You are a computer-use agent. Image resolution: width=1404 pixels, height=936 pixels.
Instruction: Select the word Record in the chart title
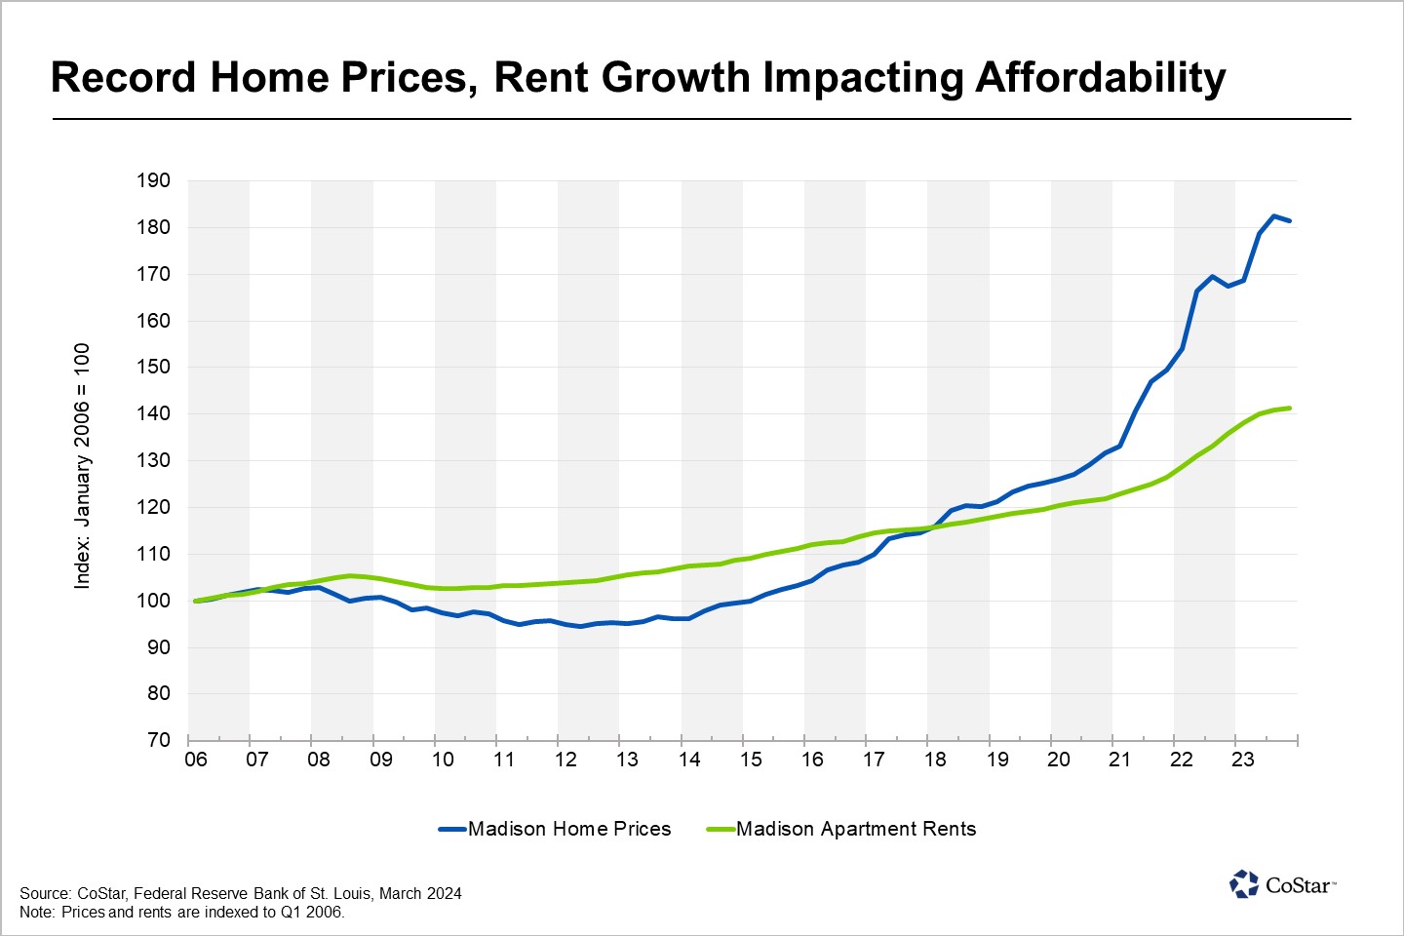point(124,78)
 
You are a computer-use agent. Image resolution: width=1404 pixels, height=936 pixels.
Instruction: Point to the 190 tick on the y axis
point(153,180)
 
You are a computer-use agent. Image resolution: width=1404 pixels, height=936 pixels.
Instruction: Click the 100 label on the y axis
point(153,601)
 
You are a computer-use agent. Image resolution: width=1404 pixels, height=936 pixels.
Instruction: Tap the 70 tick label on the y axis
point(159,740)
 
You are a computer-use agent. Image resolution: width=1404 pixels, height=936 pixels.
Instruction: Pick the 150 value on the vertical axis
point(153,368)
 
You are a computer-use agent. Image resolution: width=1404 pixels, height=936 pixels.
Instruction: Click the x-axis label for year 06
point(196,760)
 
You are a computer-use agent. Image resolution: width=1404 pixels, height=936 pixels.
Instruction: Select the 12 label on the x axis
point(565,760)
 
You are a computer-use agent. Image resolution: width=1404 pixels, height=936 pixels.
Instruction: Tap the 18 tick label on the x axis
point(935,760)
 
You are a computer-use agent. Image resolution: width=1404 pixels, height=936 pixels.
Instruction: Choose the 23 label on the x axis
point(1243,760)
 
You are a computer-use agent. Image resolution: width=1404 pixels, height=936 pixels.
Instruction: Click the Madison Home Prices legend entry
point(569,829)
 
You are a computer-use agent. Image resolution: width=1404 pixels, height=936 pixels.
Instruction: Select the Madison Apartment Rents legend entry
point(856,829)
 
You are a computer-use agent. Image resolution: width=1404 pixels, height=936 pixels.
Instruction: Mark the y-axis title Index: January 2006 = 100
point(82,465)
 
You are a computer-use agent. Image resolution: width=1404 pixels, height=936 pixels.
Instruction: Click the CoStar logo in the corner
point(1282,884)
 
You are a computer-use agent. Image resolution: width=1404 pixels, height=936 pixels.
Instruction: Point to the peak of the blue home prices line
point(1273,215)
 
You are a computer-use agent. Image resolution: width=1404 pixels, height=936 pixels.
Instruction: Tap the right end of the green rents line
point(1290,408)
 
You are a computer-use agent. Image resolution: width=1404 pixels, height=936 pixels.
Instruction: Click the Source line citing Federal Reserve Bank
point(241,893)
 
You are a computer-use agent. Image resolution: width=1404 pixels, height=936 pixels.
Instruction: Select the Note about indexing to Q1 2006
point(182,913)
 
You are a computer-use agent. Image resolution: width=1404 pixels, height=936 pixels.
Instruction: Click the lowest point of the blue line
point(581,626)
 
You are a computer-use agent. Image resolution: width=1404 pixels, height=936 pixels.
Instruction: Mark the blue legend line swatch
point(452,829)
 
